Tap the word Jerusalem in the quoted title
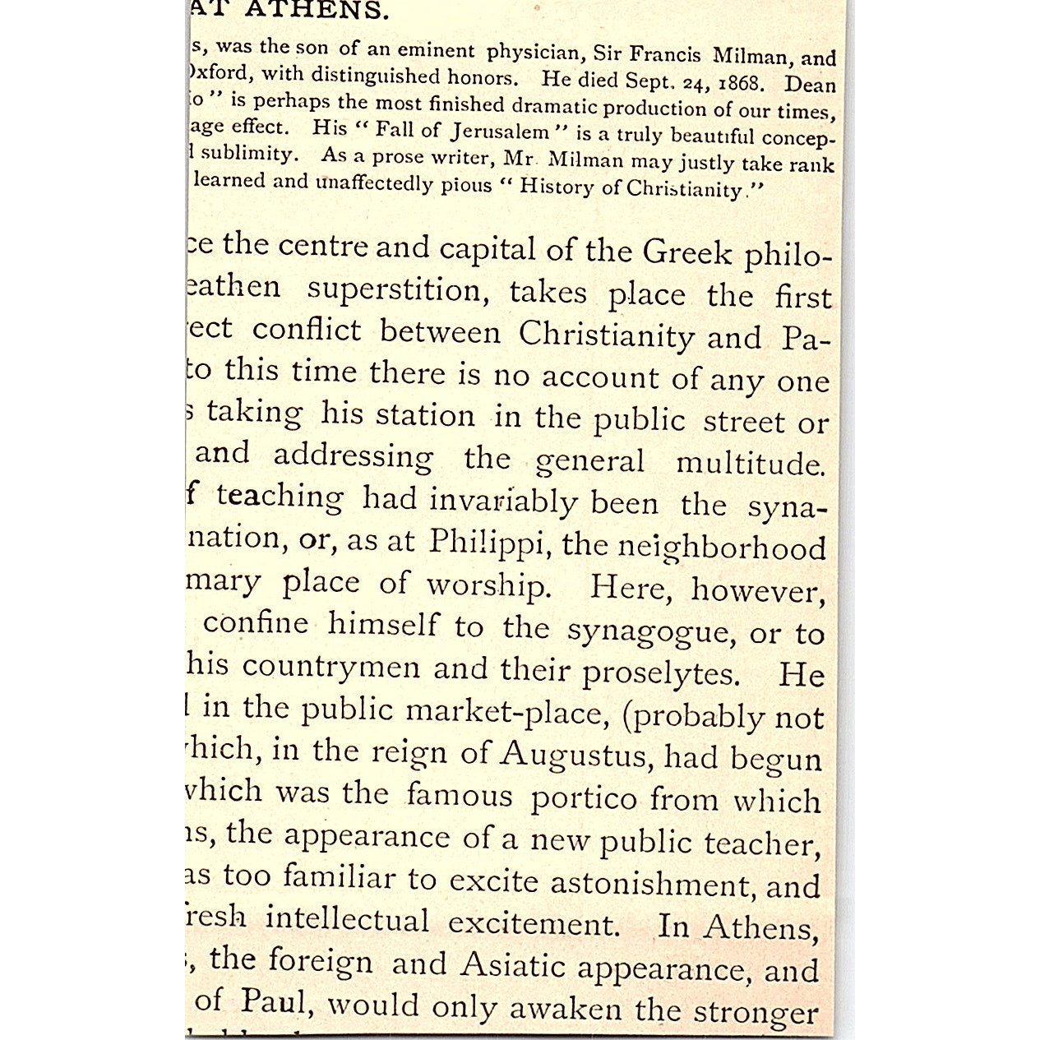(498, 132)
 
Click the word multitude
(749, 464)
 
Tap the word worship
(487, 585)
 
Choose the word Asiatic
(512, 964)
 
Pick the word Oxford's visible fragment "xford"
(217, 73)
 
